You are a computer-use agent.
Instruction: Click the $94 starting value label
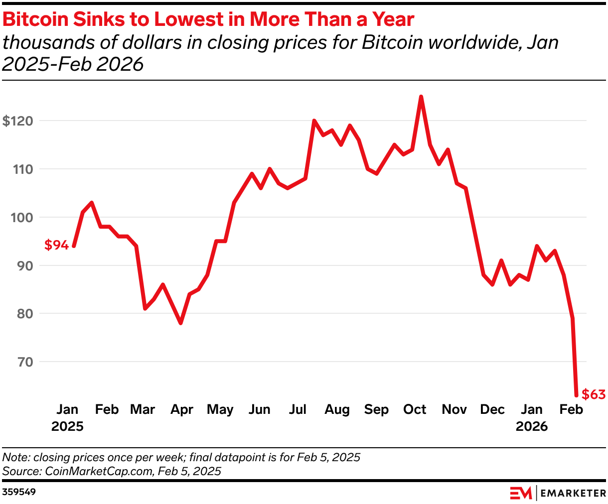[x=56, y=245]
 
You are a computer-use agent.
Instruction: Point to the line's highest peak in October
[x=421, y=97]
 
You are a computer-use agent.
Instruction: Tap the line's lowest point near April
[x=180, y=323]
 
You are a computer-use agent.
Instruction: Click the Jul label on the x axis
[x=298, y=409]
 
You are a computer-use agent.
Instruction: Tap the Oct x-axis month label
[x=415, y=409]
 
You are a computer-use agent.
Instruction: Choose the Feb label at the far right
[x=571, y=409]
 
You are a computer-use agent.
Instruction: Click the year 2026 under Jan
[x=531, y=426]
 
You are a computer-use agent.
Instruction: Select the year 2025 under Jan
[x=67, y=426]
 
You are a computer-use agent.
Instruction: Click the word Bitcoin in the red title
[x=35, y=19]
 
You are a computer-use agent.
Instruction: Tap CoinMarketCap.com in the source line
[x=99, y=471]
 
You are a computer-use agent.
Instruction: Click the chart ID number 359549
[x=19, y=492]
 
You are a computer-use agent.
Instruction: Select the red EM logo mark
[x=521, y=493]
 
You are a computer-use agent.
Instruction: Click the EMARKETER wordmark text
[x=573, y=493]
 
